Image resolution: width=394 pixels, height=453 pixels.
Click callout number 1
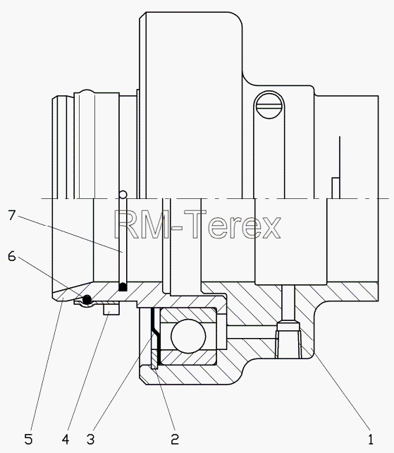point(371,440)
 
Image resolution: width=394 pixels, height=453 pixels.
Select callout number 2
point(175,440)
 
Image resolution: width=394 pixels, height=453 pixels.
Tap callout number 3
point(91,440)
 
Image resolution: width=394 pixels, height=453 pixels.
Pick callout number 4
point(66,440)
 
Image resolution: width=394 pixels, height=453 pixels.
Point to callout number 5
point(29,440)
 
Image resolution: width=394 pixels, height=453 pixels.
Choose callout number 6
point(11,256)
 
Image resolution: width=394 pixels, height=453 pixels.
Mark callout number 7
point(11,215)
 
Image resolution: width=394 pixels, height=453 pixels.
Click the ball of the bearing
point(188,336)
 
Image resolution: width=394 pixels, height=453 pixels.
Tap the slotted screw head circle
point(269,105)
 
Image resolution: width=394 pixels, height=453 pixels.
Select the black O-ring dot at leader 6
point(87,299)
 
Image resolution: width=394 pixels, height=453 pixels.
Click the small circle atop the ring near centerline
point(123,195)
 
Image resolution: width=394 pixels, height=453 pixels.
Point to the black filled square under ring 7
point(123,287)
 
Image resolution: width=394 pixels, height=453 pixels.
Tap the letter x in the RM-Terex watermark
point(270,228)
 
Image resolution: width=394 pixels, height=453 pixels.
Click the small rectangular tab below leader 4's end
point(111,309)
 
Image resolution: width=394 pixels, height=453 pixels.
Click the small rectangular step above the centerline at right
point(335,188)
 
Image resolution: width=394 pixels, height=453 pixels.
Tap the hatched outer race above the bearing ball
point(188,315)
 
